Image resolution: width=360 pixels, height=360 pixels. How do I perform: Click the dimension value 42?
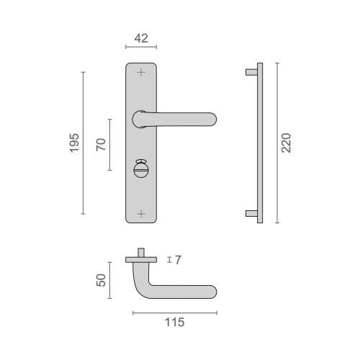point(141,38)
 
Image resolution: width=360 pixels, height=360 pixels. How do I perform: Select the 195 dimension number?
point(74,143)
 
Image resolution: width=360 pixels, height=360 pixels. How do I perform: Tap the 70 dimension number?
point(101,145)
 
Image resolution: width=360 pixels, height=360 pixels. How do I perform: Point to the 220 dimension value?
point(286,143)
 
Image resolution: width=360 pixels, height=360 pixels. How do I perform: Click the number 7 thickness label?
point(178,260)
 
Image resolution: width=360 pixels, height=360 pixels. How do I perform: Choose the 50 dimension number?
point(101,280)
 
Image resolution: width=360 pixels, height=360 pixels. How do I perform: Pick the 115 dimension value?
point(175,323)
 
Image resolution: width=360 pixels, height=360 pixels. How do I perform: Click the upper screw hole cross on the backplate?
point(141,72)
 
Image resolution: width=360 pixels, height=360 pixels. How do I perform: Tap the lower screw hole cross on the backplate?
point(141,214)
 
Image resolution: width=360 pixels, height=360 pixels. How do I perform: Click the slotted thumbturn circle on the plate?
point(140,170)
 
